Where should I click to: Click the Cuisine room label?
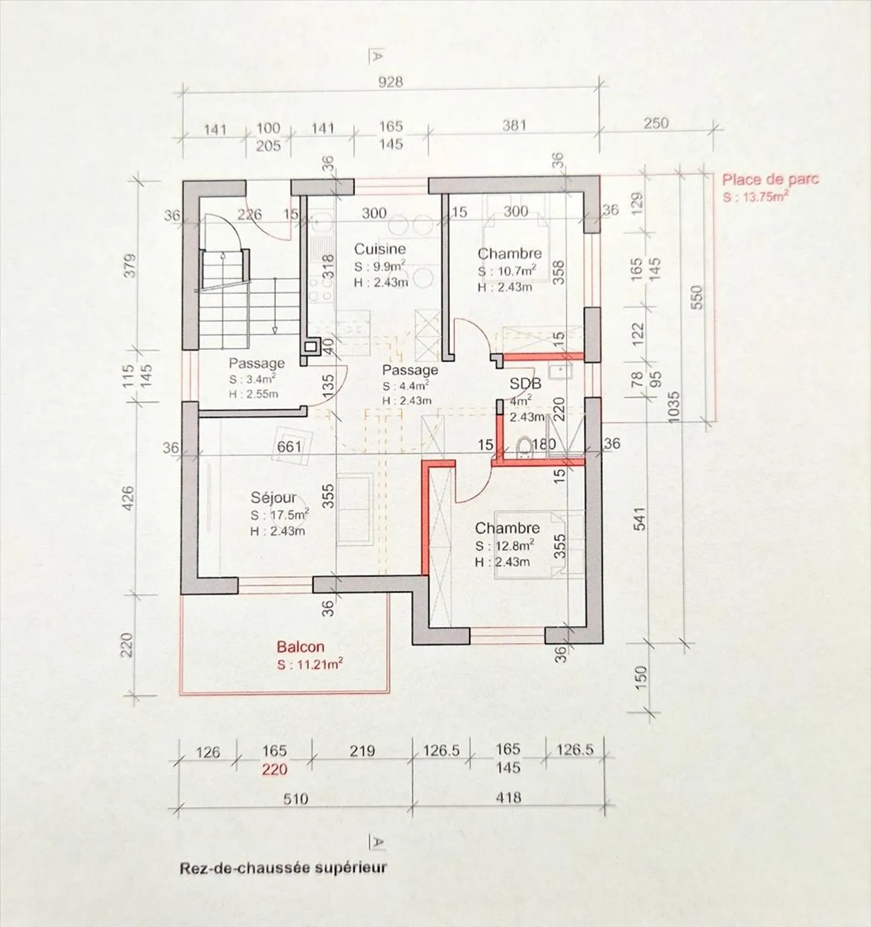pos(380,248)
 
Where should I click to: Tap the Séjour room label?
pos(274,497)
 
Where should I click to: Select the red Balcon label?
pos(301,647)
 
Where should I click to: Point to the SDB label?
pos(526,384)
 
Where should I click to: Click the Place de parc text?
pos(771,179)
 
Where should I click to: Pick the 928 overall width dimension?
pos(390,82)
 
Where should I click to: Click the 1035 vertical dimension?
pos(675,410)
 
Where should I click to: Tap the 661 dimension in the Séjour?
pos(289,447)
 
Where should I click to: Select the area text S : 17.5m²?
pos(279,515)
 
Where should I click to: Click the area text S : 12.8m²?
pos(504,546)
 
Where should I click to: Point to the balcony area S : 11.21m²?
pos(310,665)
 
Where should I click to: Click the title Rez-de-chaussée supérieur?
pos(283,868)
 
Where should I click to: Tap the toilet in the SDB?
pos(524,447)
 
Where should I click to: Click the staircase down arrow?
pos(275,305)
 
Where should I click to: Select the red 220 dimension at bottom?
pos(274,770)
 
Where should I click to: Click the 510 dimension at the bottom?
pos(296,798)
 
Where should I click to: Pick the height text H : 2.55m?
pos(253,395)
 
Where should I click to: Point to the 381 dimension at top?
pos(514,126)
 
